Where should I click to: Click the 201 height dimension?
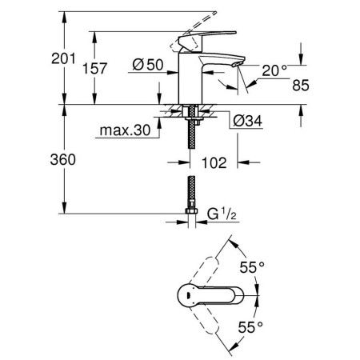click(x=63, y=58)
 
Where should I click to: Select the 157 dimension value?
click(x=94, y=68)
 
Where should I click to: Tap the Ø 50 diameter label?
click(x=148, y=65)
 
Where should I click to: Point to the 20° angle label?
click(x=274, y=70)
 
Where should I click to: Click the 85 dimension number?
click(x=301, y=86)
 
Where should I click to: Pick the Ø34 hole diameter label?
click(x=248, y=121)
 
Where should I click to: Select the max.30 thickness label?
click(x=125, y=130)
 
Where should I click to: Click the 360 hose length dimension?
click(x=63, y=160)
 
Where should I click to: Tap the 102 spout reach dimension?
click(x=214, y=162)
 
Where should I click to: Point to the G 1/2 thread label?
click(x=222, y=214)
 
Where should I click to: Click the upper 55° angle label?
click(x=252, y=267)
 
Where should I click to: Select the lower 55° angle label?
click(x=250, y=327)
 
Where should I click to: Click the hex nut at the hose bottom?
click(x=191, y=211)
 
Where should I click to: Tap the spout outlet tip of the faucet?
click(x=238, y=64)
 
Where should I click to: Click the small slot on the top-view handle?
click(x=188, y=295)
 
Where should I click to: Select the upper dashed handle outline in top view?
click(x=204, y=270)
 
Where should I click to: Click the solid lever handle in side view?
click(x=207, y=41)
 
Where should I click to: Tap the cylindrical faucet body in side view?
click(x=190, y=78)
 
